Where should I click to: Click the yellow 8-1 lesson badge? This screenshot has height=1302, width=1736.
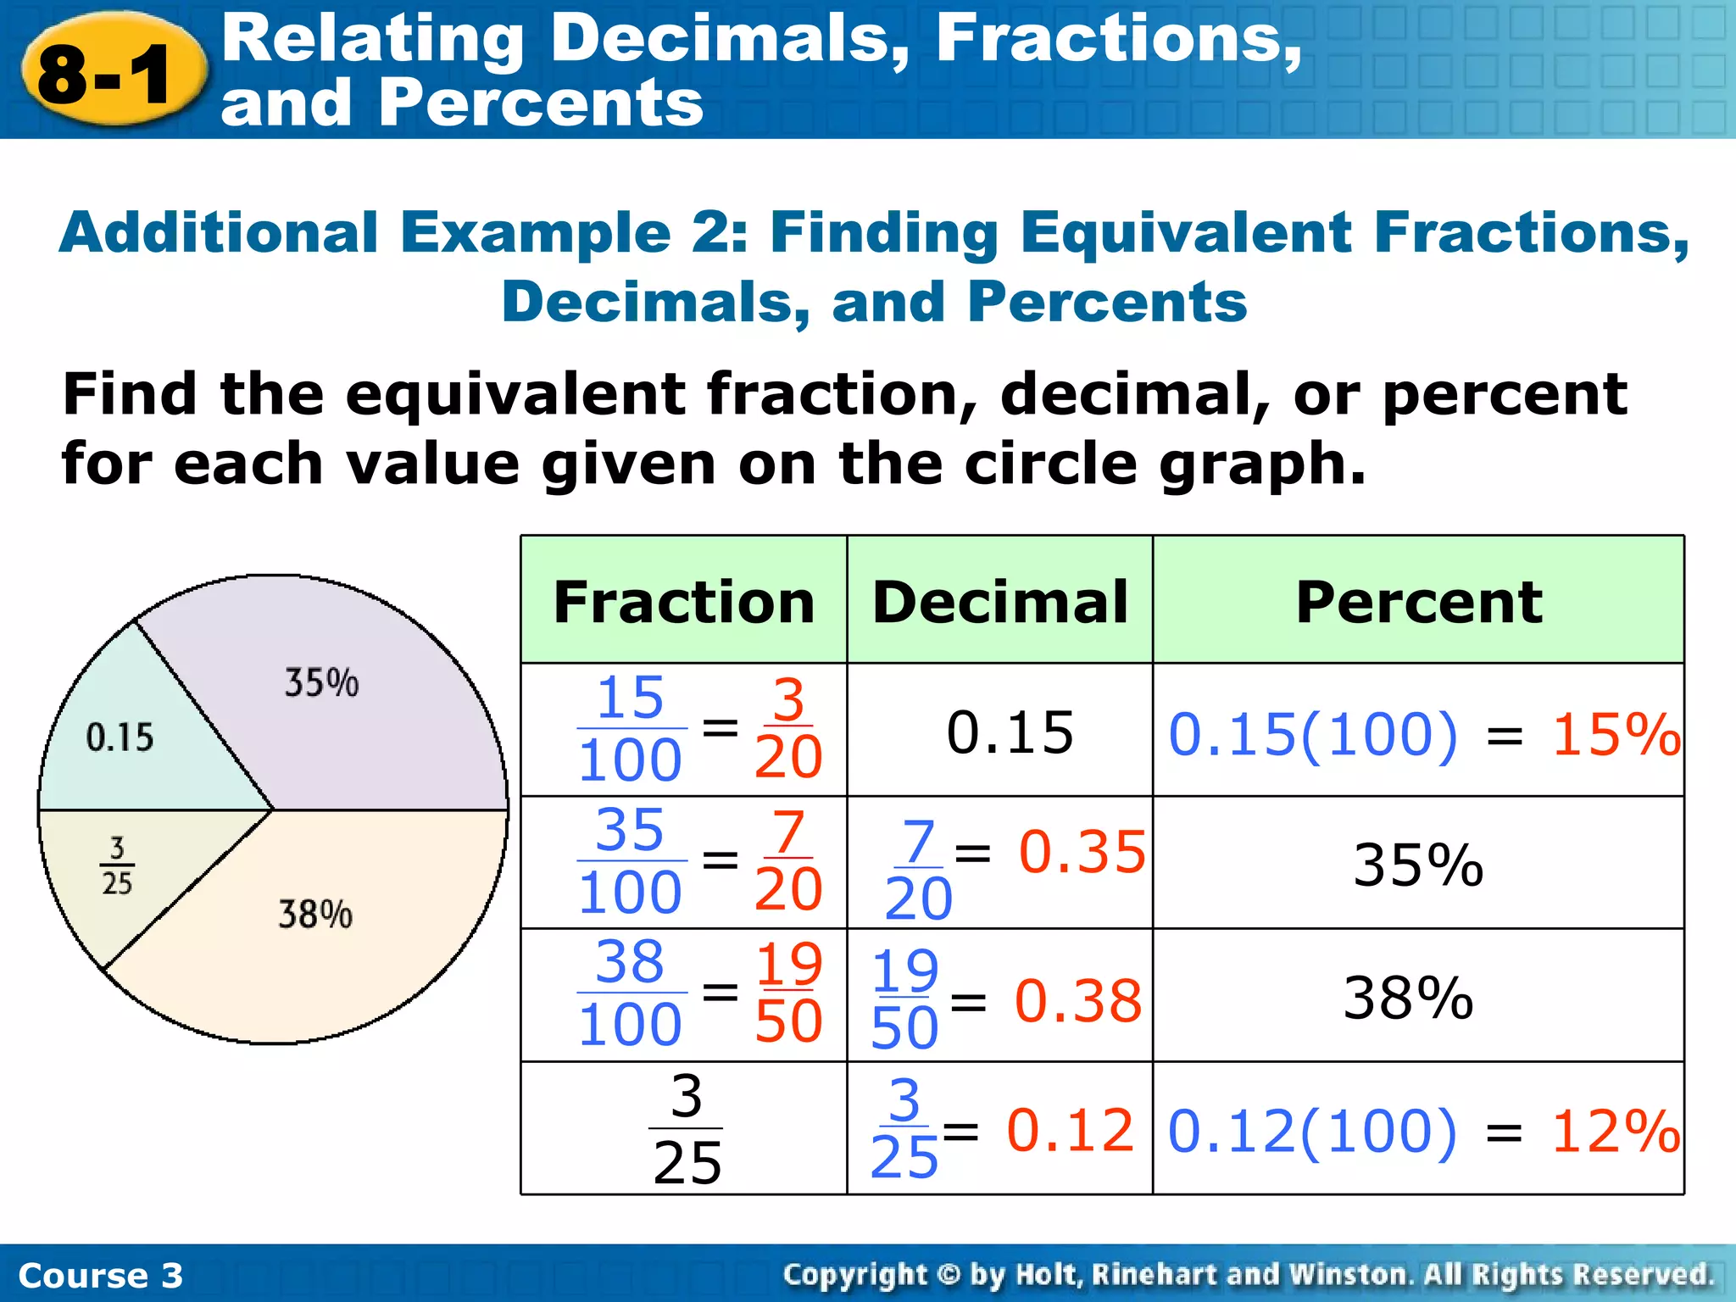pyautogui.click(x=110, y=75)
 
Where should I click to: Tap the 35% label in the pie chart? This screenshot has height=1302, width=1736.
pyautogui.click(x=321, y=683)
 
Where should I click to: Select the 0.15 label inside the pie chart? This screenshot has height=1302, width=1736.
pyautogui.click(x=120, y=737)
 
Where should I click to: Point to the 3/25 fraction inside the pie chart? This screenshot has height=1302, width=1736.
pyautogui.click(x=117, y=865)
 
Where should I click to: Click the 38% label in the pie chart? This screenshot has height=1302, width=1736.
pyautogui.click(x=315, y=915)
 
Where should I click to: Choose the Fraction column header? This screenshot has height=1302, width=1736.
pyautogui.click(x=683, y=602)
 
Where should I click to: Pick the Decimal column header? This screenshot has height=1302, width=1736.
pyautogui.click(x=1000, y=602)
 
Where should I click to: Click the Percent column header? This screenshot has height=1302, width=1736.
pyautogui.click(x=1418, y=602)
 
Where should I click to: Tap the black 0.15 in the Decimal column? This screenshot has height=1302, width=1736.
pyautogui.click(x=1010, y=732)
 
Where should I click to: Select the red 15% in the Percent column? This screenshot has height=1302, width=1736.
pyautogui.click(x=1616, y=734)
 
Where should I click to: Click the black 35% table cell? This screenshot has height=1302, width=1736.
pyautogui.click(x=1417, y=865)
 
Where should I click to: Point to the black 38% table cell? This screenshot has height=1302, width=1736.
pyautogui.click(x=1408, y=998)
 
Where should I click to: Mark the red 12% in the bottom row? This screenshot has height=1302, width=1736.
pyautogui.click(x=1616, y=1131)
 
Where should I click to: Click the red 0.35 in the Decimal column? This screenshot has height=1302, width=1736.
pyautogui.click(x=1082, y=852)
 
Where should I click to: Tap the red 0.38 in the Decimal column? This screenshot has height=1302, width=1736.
pyautogui.click(x=1078, y=1001)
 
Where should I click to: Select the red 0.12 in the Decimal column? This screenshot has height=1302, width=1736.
pyautogui.click(x=1070, y=1130)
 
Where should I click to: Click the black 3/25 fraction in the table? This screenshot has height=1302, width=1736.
pyautogui.click(x=687, y=1129)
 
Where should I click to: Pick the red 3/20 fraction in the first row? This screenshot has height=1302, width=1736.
pyautogui.click(x=788, y=728)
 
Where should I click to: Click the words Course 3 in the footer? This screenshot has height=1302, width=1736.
pyautogui.click(x=100, y=1275)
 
